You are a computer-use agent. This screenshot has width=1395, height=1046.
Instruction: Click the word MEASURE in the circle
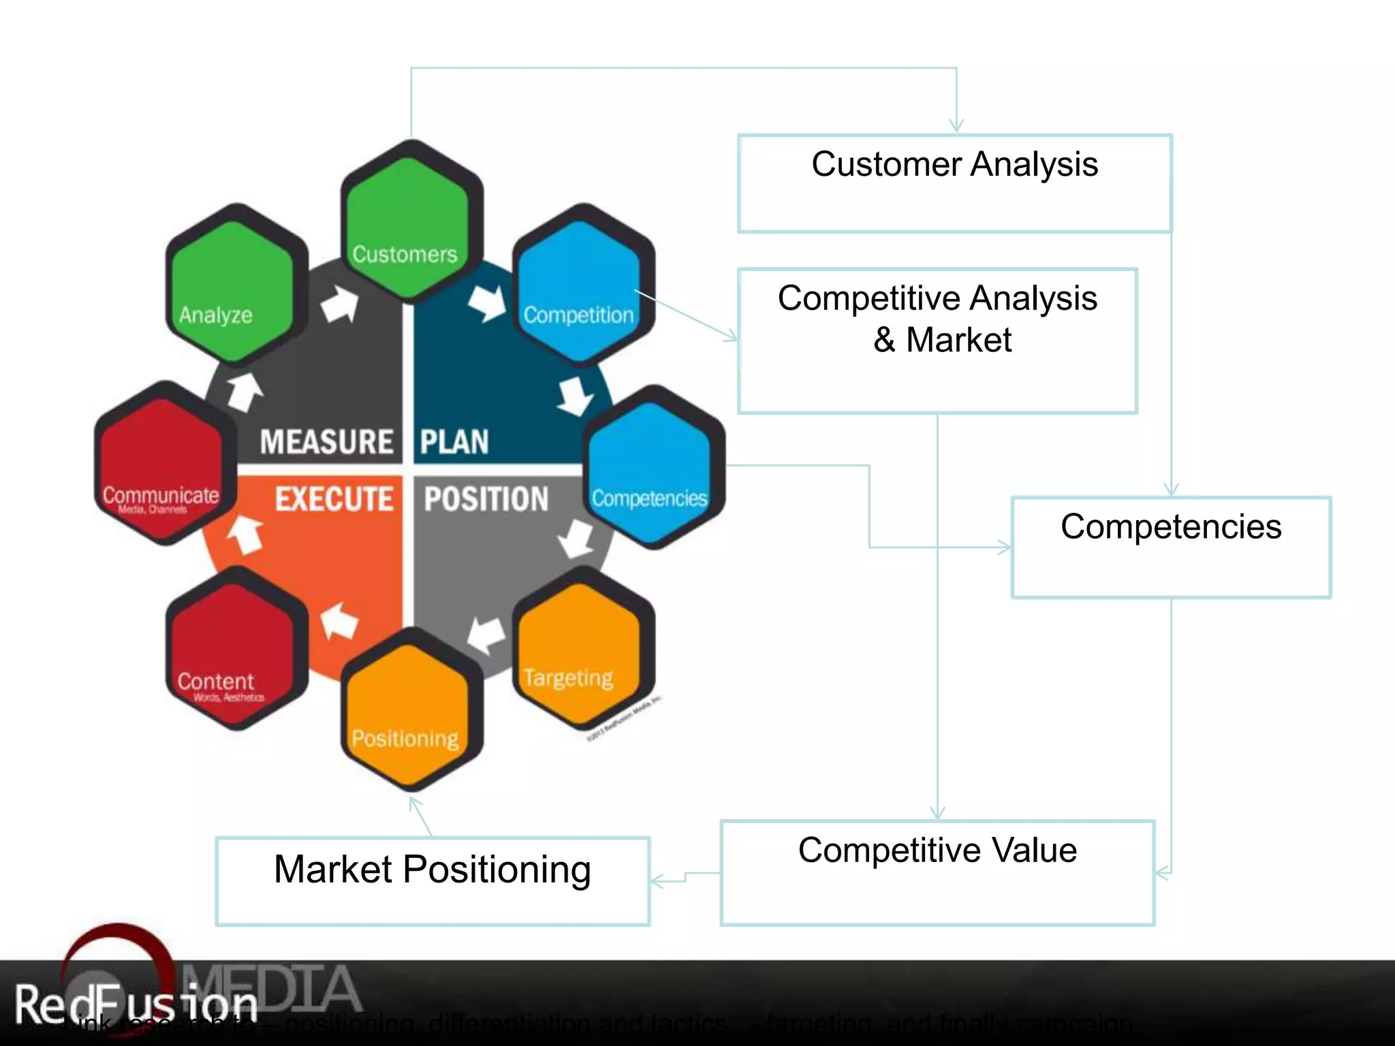click(x=326, y=442)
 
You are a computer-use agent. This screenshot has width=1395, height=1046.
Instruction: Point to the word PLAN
click(x=454, y=442)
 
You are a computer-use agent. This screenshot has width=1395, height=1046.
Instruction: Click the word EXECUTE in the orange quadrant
click(x=334, y=499)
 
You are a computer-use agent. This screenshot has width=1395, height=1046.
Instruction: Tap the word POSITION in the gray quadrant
click(x=486, y=499)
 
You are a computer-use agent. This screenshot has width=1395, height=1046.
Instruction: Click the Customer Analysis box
click(x=954, y=183)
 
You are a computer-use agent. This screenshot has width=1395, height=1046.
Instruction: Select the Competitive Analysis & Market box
click(x=937, y=340)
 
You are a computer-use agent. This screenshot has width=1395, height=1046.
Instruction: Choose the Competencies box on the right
click(x=1170, y=547)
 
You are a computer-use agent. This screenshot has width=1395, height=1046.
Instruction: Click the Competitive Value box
click(x=937, y=872)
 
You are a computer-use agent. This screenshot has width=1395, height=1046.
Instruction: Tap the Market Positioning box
click(x=433, y=881)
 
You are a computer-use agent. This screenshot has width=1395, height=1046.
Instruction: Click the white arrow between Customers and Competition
click(x=488, y=302)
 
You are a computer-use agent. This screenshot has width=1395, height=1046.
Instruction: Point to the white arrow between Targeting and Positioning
click(x=486, y=634)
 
